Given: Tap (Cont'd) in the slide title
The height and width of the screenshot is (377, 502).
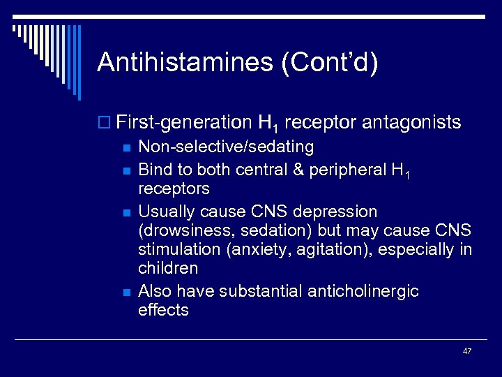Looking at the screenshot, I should click(x=330, y=63).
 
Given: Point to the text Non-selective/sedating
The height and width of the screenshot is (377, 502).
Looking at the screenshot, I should click(x=226, y=147).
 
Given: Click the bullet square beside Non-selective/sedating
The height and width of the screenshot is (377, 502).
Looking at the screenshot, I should click(x=125, y=148).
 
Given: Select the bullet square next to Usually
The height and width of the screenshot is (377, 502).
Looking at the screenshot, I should click(x=125, y=212).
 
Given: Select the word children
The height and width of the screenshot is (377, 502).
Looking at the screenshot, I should click(x=168, y=268).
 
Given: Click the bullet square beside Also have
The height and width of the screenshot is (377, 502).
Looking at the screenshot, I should click(x=125, y=292).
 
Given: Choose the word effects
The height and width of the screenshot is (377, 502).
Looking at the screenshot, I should click(x=163, y=310).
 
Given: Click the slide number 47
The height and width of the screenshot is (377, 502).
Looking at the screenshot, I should click(x=466, y=350).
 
